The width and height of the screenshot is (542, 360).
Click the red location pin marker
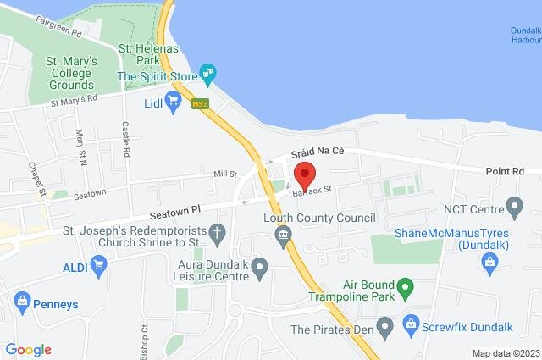[304, 175]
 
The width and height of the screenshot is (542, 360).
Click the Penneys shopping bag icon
[22, 301]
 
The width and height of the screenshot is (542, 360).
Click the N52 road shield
[200, 104]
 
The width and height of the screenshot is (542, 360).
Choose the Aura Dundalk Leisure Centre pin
[261, 269]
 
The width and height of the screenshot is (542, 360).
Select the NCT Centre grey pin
[513, 207]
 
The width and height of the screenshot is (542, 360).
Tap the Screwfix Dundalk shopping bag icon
[411, 323]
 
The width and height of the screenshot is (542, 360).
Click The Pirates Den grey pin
[386, 325]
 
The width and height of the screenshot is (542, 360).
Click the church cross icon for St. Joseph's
[217, 231]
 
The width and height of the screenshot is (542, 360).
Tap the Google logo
[28, 349]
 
